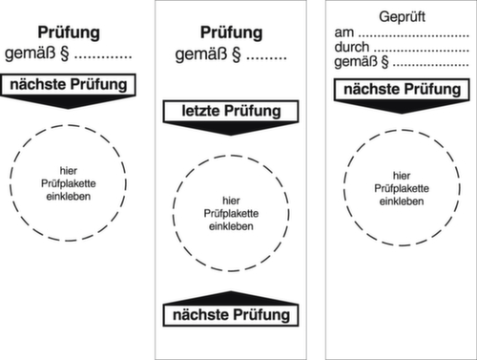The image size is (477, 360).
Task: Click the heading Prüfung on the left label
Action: (x=74, y=32)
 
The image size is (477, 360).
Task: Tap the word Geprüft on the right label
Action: (x=395, y=17)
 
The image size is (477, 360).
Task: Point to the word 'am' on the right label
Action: (x=344, y=33)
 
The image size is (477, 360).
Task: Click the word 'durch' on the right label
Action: (x=352, y=48)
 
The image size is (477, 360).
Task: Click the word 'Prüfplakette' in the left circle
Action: (x=71, y=182)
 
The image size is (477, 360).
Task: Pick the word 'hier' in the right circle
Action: (x=401, y=175)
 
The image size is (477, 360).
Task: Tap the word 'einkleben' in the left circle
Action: (x=71, y=196)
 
